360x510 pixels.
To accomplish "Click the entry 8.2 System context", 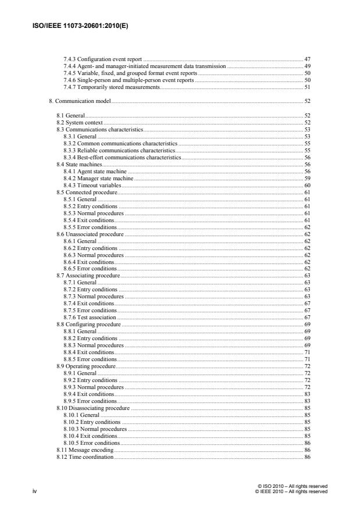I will (79, 123).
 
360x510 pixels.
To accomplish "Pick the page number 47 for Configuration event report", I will (307, 60).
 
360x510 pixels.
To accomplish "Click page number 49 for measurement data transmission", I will (307, 67).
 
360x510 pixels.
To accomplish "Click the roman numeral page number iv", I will (34, 491).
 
